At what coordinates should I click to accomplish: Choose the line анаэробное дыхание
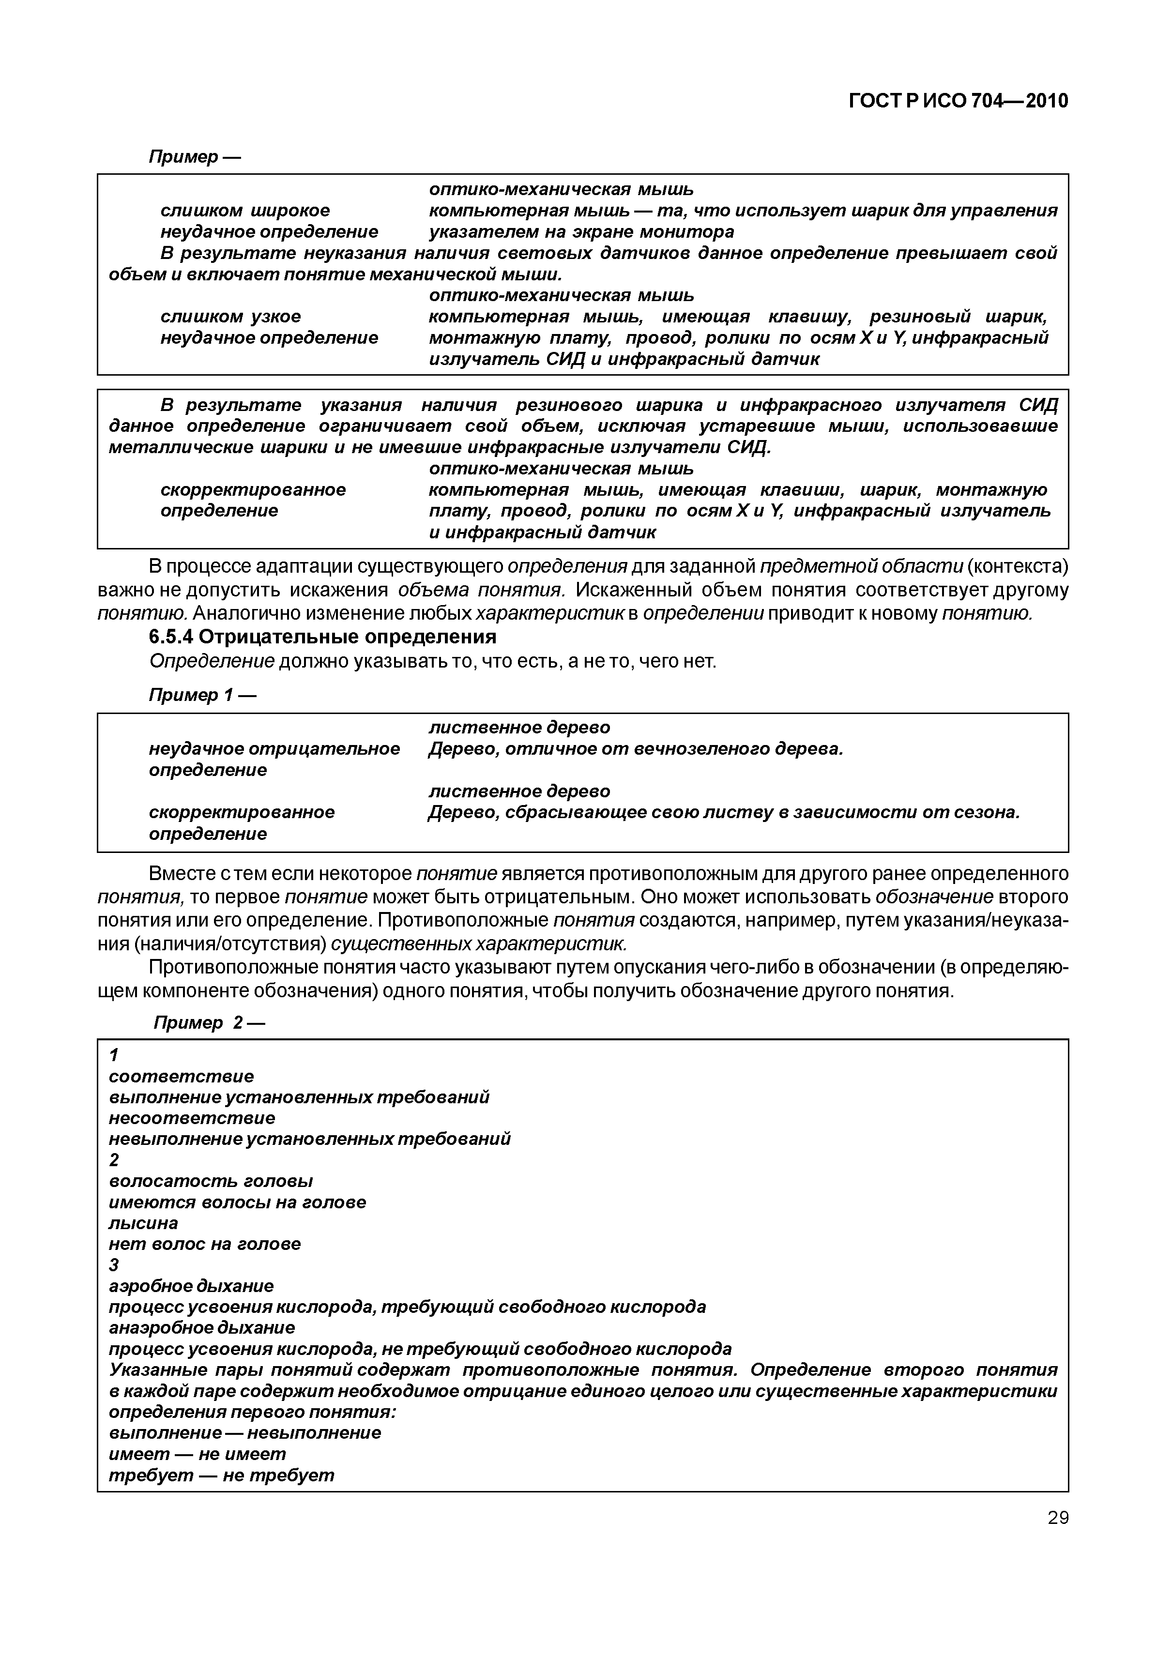(x=202, y=1327)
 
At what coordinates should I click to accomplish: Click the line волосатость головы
(x=211, y=1181)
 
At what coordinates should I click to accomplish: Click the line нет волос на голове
(x=204, y=1244)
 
